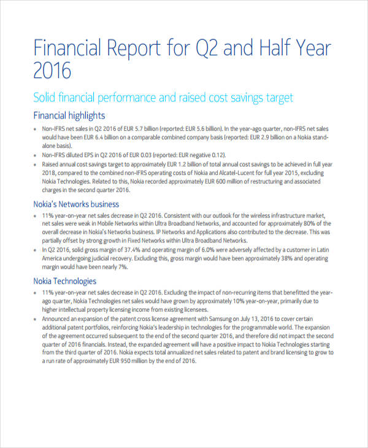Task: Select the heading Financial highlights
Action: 69,115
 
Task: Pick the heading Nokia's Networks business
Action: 76,204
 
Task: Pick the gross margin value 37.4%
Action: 131,250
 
